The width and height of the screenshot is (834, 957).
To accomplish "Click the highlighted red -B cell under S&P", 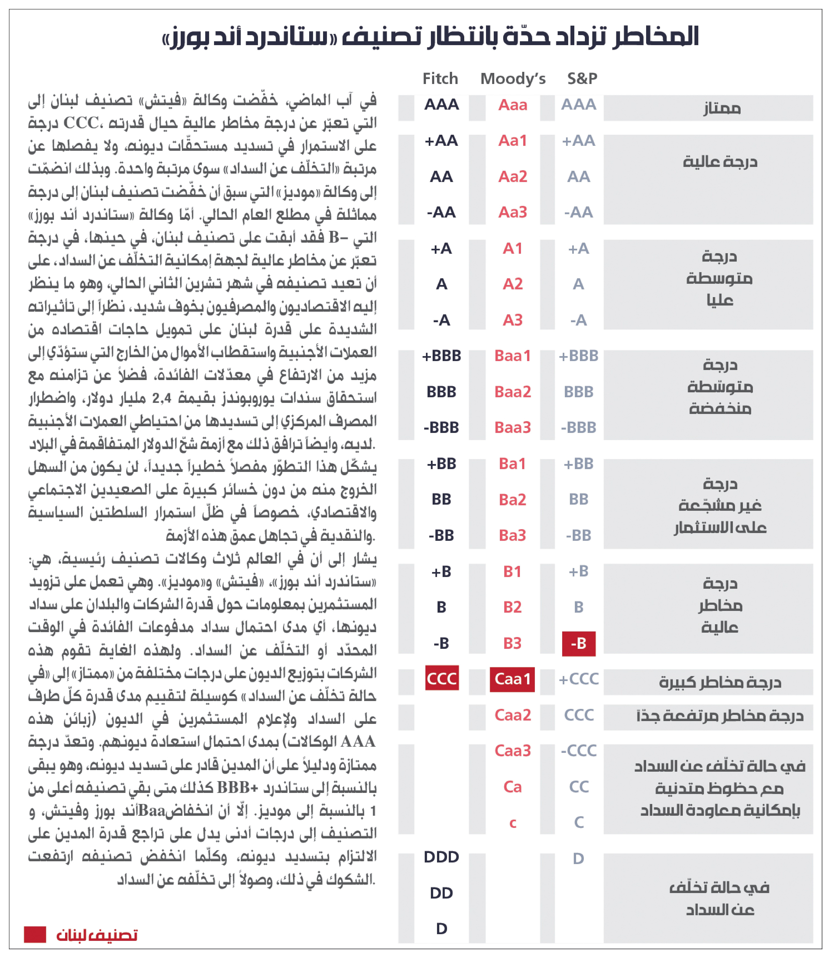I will click(578, 644).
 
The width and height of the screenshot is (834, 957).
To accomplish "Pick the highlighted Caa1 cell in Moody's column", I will click(512, 679).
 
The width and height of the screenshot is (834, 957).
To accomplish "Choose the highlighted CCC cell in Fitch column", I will click(442, 678).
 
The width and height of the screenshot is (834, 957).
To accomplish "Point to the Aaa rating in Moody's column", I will click(512, 105).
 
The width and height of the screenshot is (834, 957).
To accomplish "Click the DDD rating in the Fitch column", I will click(441, 857).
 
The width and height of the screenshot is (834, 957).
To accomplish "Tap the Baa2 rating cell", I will click(512, 392).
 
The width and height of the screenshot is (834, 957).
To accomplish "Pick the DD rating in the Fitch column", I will click(441, 893).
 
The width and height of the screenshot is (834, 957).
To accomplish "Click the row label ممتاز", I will click(721, 109).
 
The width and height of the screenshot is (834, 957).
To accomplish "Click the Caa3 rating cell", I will click(512, 751).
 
